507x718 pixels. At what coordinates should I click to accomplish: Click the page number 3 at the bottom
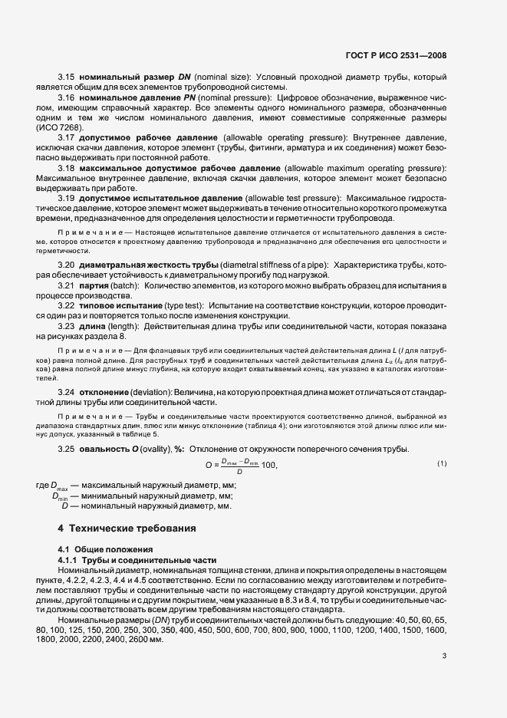(444, 657)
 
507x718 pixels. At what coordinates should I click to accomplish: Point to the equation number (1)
(442, 464)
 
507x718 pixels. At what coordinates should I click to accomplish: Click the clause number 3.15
(66, 77)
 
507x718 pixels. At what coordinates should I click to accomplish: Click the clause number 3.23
(66, 326)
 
